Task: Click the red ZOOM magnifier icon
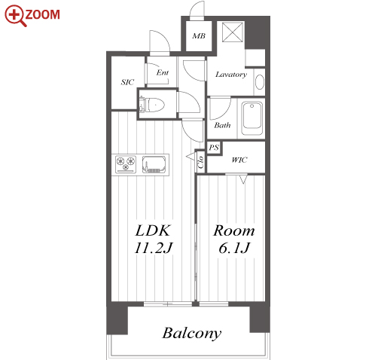[15, 16]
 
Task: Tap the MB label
[199, 36]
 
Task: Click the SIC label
[127, 82]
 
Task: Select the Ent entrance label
[163, 72]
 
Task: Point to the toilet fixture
[152, 105]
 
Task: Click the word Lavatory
[231, 75]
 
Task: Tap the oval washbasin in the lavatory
[260, 82]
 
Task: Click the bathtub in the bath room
[252, 118]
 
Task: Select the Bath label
[222, 125]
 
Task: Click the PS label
[214, 148]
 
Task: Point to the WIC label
[239, 160]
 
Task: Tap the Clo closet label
[200, 162]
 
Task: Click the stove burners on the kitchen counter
[126, 164]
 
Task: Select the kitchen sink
[154, 164]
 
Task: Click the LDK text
[153, 230]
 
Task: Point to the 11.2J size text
[154, 248]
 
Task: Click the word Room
[234, 231]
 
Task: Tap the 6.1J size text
[234, 249]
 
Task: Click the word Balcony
[192, 334]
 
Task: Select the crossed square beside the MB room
[233, 32]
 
